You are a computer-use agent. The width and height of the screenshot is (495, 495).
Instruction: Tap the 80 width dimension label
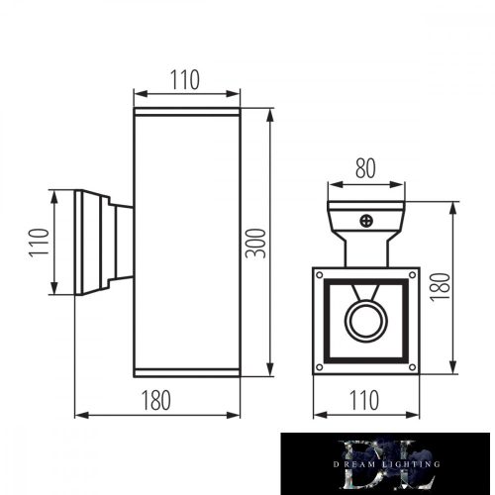[365, 169]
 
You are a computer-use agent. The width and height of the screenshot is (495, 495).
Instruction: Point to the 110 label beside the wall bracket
[38, 243]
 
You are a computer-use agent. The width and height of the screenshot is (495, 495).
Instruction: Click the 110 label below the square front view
[365, 401]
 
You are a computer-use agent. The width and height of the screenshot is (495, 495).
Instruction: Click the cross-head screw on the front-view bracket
[366, 223]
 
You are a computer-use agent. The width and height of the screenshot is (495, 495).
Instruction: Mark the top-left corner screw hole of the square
[321, 275]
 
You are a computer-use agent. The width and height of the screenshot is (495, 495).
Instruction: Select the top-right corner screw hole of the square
[409, 275]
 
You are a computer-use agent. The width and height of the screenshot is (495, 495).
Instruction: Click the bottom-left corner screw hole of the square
[321, 365]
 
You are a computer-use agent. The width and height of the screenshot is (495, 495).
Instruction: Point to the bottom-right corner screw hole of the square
[409, 365]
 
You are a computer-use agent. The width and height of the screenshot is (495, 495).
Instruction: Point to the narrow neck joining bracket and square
[365, 249]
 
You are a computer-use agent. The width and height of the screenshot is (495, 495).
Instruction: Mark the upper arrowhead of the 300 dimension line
[269, 108]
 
